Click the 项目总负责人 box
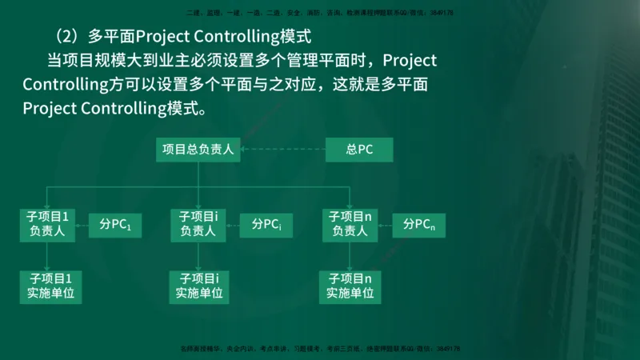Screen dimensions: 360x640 pyautogui.click(x=198, y=150)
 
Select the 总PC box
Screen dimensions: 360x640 pyautogui.click(x=359, y=150)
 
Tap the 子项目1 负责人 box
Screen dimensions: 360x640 pyautogui.click(x=48, y=225)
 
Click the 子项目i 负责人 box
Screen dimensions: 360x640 pyautogui.click(x=198, y=225)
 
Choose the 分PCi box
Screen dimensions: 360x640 pyautogui.click(x=266, y=225)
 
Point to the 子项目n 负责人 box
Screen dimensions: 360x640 pyautogui.click(x=350, y=225)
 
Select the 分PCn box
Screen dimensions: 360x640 pyautogui.click(x=418, y=225)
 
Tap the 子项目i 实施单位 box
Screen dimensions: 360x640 pyautogui.click(x=198, y=286)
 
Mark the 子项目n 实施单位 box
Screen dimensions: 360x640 pyautogui.click(x=350, y=286)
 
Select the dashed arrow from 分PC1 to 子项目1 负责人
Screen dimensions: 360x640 pyautogui.click(x=82, y=225)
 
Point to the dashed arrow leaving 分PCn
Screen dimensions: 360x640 pyautogui.click(x=385, y=225)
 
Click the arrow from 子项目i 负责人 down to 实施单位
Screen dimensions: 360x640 pyautogui.click(x=198, y=256)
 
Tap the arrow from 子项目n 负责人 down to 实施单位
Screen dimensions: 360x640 pyautogui.click(x=350, y=256)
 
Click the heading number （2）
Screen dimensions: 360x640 pyautogui.click(x=66, y=37)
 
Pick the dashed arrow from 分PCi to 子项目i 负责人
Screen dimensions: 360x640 pyautogui.click(x=234, y=225)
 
